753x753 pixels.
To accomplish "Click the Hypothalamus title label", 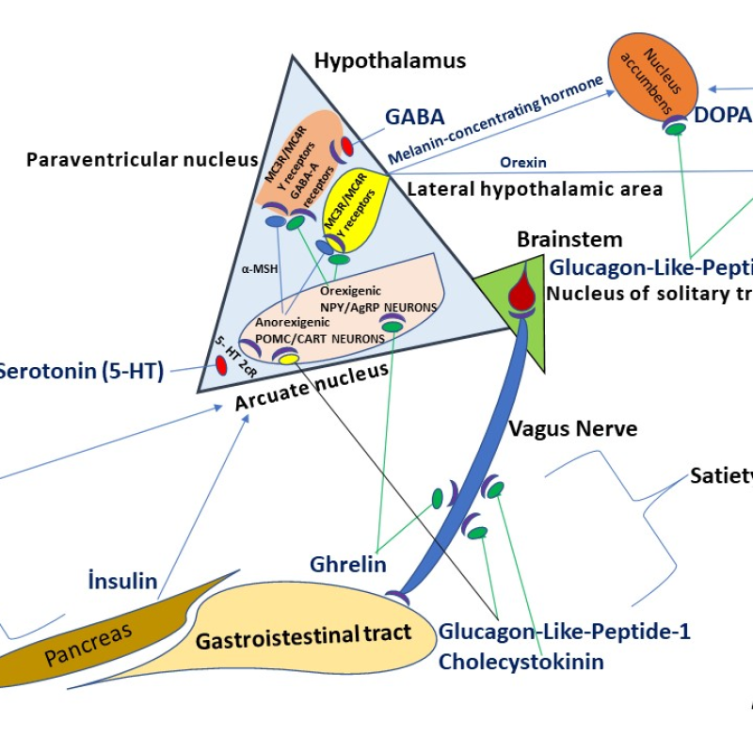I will coord(390,62).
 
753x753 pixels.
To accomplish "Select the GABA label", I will coord(414,117).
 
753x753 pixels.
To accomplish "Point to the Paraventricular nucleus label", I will coord(142,160).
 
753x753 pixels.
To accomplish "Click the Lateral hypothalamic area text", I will coord(535,189).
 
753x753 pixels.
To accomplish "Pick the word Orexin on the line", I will coord(523,162).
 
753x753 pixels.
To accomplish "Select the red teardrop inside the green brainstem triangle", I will coord(521,288).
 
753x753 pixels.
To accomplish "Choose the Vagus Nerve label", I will coord(572,429).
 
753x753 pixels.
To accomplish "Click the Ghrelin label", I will coord(348,564).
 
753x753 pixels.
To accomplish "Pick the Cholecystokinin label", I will coord(521,661).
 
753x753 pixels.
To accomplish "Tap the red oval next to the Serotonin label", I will coord(222,365).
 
